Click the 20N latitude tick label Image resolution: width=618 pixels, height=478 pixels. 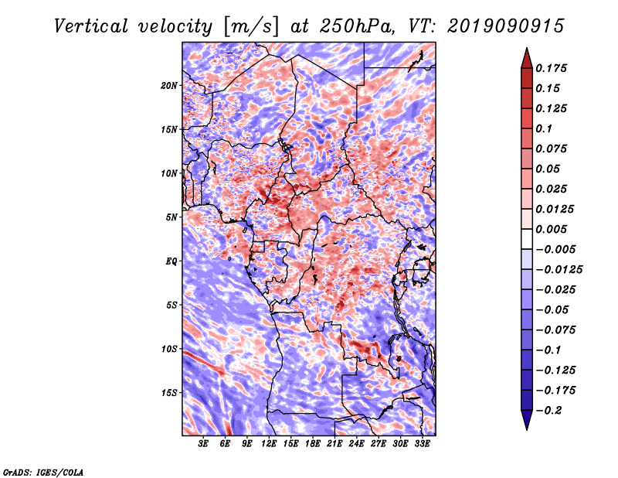tap(169, 85)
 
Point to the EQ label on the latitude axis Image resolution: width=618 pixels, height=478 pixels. tap(171, 261)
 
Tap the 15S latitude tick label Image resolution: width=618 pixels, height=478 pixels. tap(169, 393)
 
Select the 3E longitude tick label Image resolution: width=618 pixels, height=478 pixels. tap(203, 444)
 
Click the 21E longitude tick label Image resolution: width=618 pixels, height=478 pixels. tap(334, 444)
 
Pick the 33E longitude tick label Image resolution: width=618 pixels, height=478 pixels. tap(422, 444)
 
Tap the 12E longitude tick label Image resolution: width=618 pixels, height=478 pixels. tap(269, 444)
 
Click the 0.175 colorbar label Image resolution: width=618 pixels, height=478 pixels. tap(551, 68)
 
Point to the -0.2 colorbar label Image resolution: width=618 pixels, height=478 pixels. tap(548, 411)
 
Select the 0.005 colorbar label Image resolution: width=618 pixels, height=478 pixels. tap(551, 229)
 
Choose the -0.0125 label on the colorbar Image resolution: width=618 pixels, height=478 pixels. tap(559, 270)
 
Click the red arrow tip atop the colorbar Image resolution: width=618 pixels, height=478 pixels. tap(527, 49)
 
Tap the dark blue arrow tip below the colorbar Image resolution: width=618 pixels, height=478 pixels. tap(527, 428)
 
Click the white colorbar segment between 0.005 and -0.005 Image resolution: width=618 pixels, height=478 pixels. tap(527, 239)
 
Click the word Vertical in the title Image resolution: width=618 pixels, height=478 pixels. tap(90, 26)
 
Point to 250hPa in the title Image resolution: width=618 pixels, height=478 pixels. tap(356, 26)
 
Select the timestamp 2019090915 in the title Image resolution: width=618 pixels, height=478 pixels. tap(506, 26)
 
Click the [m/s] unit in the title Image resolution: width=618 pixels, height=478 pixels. tap(251, 27)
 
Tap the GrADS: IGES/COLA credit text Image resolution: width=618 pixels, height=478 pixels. tap(43, 472)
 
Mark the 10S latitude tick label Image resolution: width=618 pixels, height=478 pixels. tap(169, 349)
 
